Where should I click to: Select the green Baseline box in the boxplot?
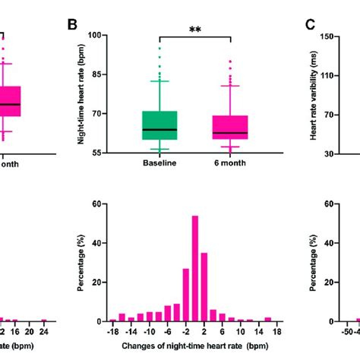(159, 125)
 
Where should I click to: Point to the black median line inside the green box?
(159, 130)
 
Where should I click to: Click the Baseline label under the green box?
(159, 164)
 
